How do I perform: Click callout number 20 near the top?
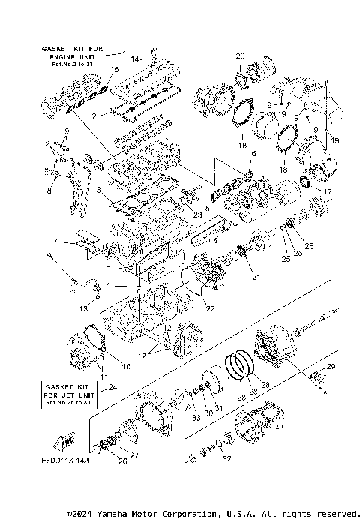[x=240, y=56]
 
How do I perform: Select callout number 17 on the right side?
[x=327, y=192]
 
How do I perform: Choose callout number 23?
[x=198, y=215]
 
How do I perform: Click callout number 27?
[x=135, y=455]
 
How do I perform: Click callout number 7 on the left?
[x=55, y=242]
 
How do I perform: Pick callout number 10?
[x=126, y=366]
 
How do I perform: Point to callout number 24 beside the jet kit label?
[x=113, y=387]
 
